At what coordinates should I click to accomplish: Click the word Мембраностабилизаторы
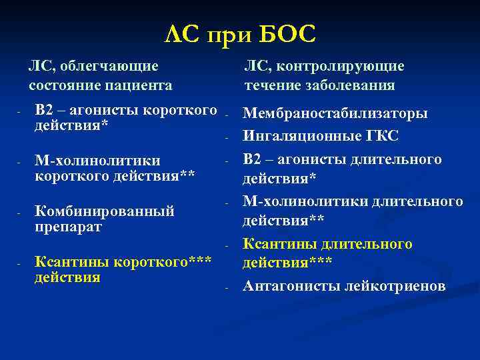pos(335,114)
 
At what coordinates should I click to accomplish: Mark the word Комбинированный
pos(105,211)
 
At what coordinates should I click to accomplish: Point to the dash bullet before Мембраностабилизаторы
pos(227,116)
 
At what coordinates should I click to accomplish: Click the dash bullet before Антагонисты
pos(227,288)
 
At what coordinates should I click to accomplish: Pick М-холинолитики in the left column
pos(97,161)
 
